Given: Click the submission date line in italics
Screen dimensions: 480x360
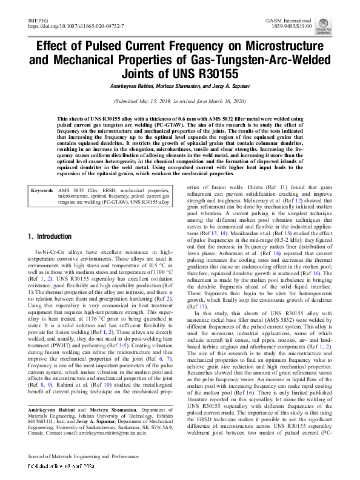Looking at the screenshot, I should (180, 101).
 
